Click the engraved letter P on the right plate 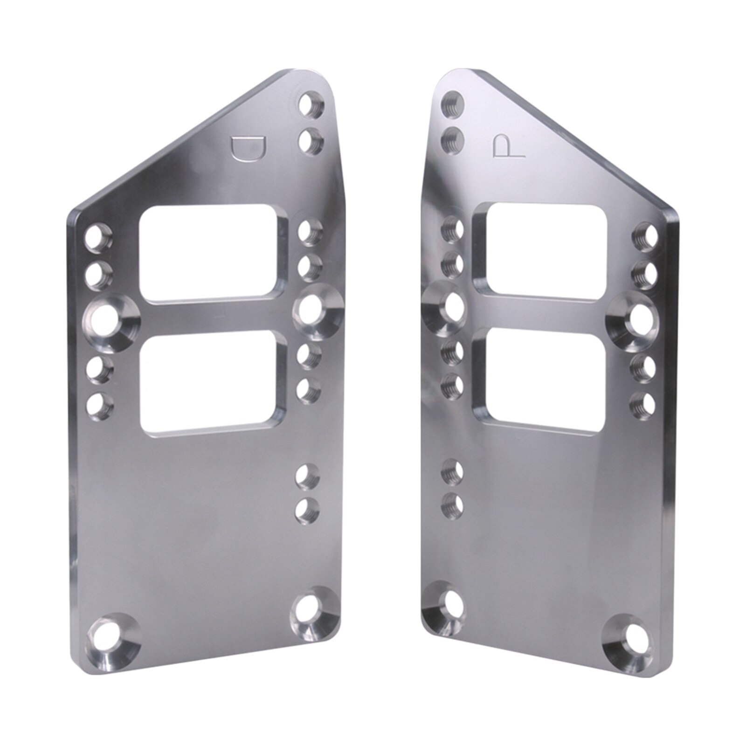coord(506,146)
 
